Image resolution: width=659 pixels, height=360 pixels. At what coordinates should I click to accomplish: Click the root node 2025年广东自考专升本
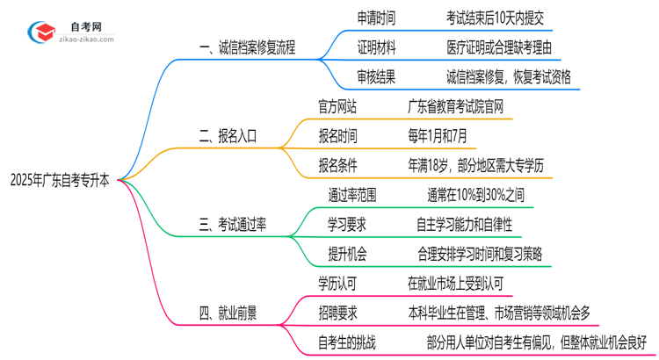point(60,180)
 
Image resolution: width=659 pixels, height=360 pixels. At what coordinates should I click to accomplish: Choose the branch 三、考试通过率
point(236,225)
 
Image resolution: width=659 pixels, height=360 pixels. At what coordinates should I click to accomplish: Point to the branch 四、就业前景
point(230,313)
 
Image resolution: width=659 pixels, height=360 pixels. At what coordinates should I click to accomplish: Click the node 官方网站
point(337,107)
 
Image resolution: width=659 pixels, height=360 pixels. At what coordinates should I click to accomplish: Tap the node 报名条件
point(337,165)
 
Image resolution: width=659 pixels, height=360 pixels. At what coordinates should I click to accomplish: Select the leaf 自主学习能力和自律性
point(474,225)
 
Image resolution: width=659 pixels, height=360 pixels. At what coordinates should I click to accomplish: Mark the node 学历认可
point(337,283)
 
